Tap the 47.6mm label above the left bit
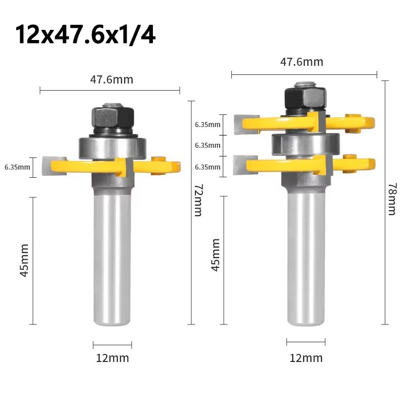point(111,79)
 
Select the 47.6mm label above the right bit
point(302,62)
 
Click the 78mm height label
point(392,199)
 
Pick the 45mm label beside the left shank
point(23,260)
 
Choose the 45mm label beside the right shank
point(216,255)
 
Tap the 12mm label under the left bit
point(112,358)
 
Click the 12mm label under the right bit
point(306,358)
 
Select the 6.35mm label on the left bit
point(17,167)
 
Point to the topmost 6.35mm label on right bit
point(208,125)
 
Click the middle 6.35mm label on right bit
point(208,145)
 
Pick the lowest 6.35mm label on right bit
point(208,167)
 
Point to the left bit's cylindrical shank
point(112,258)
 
